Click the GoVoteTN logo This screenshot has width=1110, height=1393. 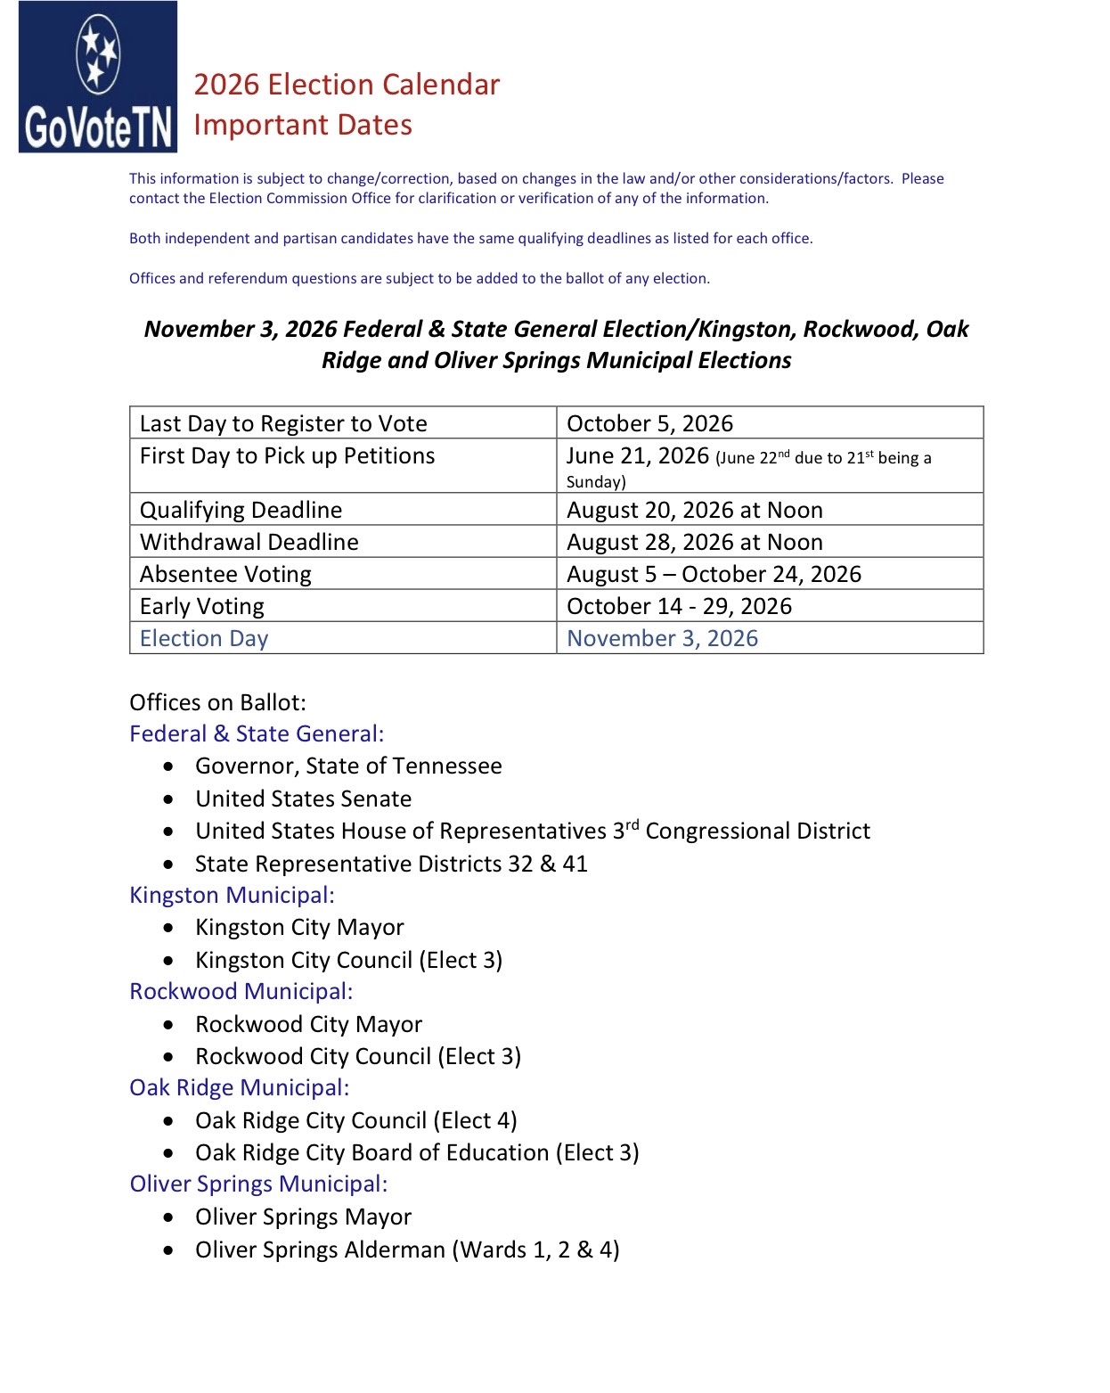pyautogui.click(x=98, y=78)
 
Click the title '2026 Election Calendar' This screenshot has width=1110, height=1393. pyautogui.click(x=347, y=85)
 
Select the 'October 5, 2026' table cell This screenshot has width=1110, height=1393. pyautogui.click(x=649, y=423)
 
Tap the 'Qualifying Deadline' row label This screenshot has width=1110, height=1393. pyautogui.click(x=241, y=510)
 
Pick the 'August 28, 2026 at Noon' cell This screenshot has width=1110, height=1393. pyautogui.click(x=694, y=542)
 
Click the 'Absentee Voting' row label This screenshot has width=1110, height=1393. pyautogui.click(x=225, y=574)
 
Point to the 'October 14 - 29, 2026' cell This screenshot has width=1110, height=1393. pyautogui.click(x=679, y=606)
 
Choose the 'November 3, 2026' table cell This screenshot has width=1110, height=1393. pyautogui.click(x=662, y=638)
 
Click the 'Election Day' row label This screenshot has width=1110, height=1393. pyautogui.click(x=204, y=638)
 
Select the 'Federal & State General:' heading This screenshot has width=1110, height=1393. pyautogui.click(x=257, y=733)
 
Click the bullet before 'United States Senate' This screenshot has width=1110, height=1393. pyautogui.click(x=169, y=799)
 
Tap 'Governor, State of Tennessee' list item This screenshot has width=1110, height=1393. pyautogui.click(x=348, y=766)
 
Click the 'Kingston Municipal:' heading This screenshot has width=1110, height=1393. pyautogui.click(x=232, y=895)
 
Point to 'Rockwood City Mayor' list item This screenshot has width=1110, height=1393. pyautogui.click(x=308, y=1024)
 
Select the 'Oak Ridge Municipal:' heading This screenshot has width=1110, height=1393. pyautogui.click(x=239, y=1087)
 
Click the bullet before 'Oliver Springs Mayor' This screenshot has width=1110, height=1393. pyautogui.click(x=169, y=1217)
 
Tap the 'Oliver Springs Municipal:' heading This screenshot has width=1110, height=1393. pyautogui.click(x=258, y=1184)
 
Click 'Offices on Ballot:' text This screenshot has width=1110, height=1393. pyautogui.click(x=217, y=702)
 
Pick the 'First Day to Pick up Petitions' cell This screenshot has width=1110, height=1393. pyautogui.click(x=287, y=456)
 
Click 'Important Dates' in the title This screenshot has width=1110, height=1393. pyautogui.click(x=303, y=125)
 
